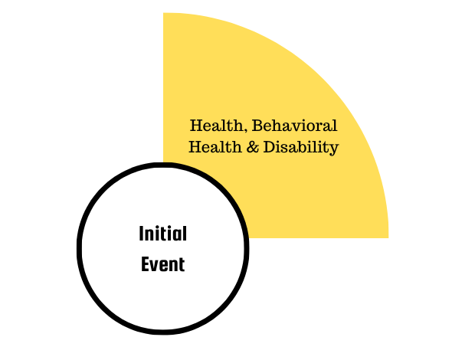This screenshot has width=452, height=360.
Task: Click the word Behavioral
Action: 294,126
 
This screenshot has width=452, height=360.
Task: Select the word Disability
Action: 301,147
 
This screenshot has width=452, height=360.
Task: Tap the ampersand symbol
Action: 253,147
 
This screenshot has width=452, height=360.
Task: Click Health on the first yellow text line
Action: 217,126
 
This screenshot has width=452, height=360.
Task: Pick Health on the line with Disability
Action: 215,147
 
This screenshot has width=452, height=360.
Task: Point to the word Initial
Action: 163,234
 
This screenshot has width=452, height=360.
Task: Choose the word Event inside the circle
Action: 163,264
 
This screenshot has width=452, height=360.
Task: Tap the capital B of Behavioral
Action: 257,126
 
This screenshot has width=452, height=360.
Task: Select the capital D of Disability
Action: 270,147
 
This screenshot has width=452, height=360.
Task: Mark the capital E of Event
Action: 145,264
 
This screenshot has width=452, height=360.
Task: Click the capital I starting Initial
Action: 141,234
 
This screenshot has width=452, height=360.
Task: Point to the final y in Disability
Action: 334,149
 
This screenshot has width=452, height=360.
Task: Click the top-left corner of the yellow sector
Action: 163,13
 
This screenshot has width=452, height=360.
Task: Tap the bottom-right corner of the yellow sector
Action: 388,237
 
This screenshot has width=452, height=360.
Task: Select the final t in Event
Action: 182,265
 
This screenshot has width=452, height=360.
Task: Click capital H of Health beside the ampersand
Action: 195,147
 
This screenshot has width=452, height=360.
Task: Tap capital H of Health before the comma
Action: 197,126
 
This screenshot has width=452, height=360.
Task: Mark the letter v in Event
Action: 155,267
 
